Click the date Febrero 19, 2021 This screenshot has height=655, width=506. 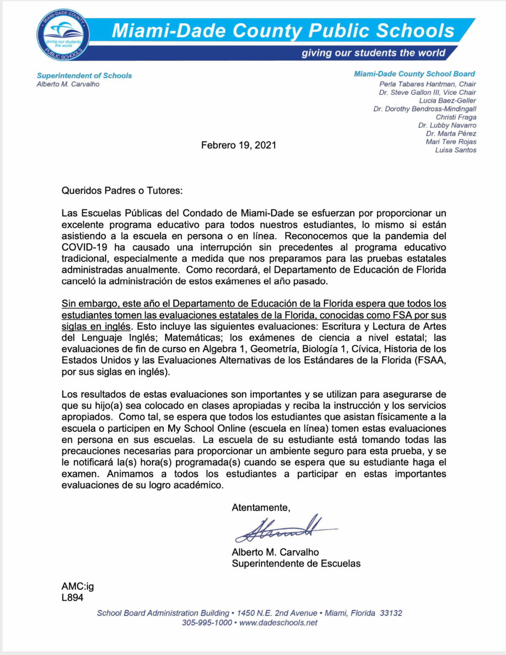tap(239, 145)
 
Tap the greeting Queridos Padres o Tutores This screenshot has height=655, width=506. tap(122, 190)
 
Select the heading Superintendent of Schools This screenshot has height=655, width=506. tap(84, 76)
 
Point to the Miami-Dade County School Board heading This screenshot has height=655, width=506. tap(414, 74)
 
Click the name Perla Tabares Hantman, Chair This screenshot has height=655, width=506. tap(427, 84)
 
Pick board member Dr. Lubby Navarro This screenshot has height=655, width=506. tap(447, 126)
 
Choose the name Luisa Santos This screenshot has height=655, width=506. tap(455, 150)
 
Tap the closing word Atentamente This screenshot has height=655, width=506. tap(261, 508)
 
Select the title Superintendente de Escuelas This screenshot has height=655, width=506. tap(296, 564)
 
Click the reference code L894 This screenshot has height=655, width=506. tap(73, 597)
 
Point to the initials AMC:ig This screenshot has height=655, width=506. tap(78, 586)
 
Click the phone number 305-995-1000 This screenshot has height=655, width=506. tap(207, 623)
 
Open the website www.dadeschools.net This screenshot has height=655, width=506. tap(278, 623)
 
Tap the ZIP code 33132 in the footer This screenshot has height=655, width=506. tap(391, 613)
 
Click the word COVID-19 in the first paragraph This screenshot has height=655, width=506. tap(84, 247)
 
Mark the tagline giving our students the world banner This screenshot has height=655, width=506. tap(373, 53)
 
